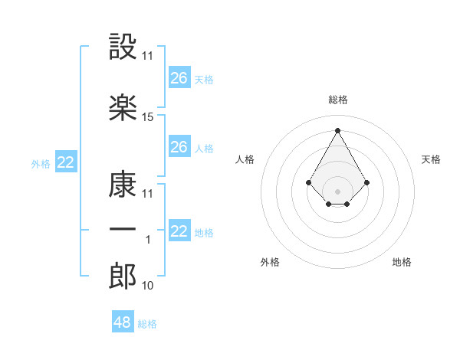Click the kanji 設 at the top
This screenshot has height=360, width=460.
click(x=123, y=45)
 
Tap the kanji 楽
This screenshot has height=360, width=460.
click(x=123, y=107)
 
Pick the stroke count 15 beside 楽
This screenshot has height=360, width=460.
click(x=148, y=117)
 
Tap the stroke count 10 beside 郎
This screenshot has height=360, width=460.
click(x=148, y=286)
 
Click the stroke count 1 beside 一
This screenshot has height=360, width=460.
click(x=149, y=240)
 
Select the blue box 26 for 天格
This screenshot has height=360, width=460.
click(x=179, y=78)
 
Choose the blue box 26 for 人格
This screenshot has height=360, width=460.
click(x=179, y=147)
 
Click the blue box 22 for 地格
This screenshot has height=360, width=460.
click(x=179, y=231)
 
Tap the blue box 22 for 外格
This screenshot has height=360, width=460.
click(x=66, y=162)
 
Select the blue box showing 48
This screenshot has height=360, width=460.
click(x=123, y=322)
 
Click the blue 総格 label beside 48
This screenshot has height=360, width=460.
click(x=147, y=324)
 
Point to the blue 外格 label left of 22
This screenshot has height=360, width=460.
click(x=40, y=163)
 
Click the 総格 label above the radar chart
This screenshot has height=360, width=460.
click(x=338, y=100)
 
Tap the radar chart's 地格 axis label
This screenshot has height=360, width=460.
click(x=402, y=262)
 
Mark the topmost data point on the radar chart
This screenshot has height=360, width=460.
click(x=337, y=130)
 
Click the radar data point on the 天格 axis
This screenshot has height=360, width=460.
click(x=367, y=182)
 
